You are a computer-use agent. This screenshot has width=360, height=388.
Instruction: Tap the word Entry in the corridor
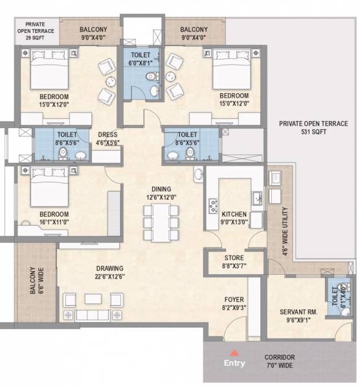(x=235, y=363)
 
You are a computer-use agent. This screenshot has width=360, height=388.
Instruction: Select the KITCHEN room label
(x=234, y=217)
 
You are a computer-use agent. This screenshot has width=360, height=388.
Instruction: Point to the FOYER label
(x=234, y=304)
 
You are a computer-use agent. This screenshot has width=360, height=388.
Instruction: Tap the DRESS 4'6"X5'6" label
(x=107, y=140)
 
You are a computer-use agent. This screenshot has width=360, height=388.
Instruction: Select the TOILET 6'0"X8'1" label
(x=140, y=59)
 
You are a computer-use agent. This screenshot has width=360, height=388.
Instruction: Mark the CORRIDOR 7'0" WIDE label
(x=280, y=361)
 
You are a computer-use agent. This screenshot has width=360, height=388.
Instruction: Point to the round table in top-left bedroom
(x=109, y=82)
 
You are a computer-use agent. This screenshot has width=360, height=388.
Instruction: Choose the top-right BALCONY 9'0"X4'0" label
(x=194, y=34)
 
